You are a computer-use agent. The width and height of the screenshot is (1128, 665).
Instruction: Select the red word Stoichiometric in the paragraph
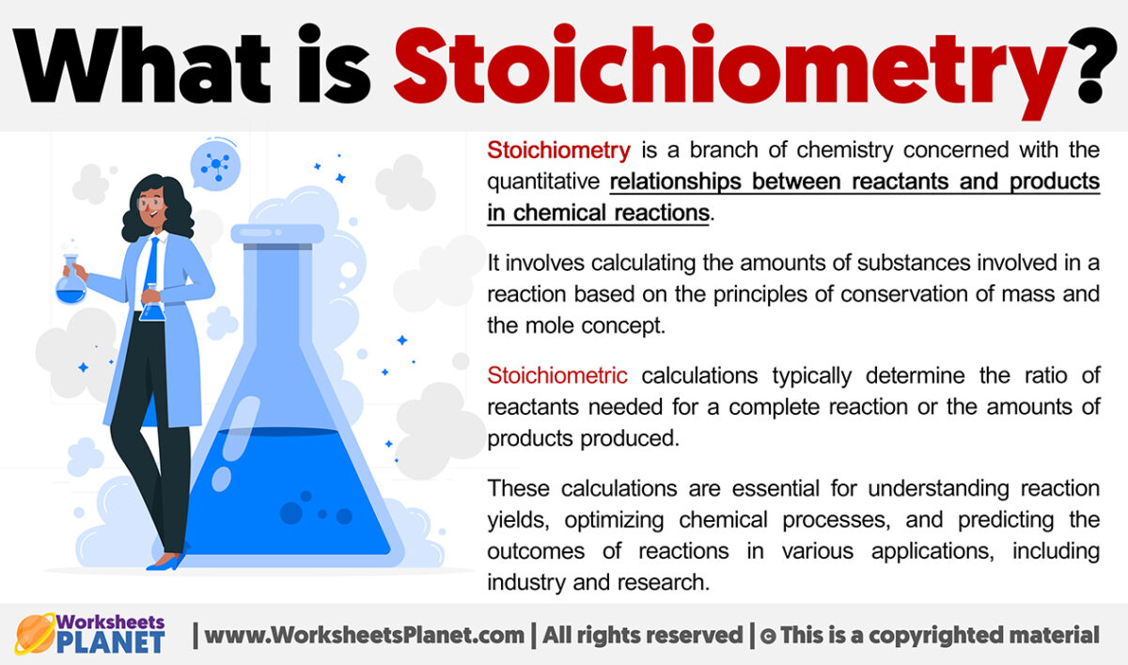pyautogui.click(x=557, y=376)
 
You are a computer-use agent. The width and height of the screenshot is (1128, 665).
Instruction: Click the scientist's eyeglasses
pyautogui.click(x=153, y=200)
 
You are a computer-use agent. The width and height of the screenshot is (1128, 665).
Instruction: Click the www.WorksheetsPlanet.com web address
pyautogui.click(x=365, y=635)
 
